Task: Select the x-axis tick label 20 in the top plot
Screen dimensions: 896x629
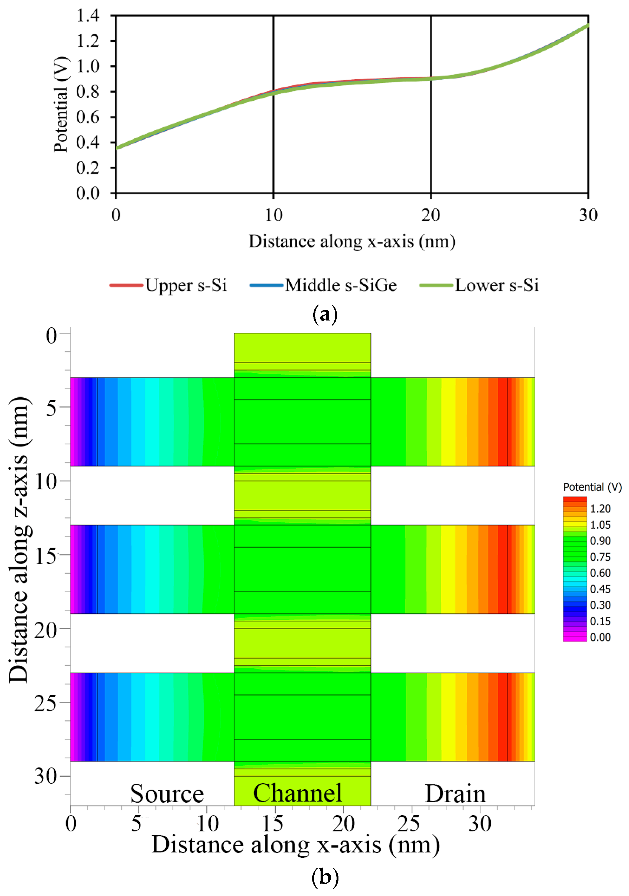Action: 430,215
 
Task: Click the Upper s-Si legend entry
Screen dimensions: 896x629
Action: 168,285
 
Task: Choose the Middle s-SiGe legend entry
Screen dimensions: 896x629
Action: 323,285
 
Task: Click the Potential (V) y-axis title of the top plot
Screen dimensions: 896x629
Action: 61,104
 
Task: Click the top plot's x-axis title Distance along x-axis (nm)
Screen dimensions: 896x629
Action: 352,241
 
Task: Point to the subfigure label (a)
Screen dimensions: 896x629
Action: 325,314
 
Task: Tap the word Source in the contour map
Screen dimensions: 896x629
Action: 167,794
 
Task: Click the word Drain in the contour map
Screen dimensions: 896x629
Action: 455,794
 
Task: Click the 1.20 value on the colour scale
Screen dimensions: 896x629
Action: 600,508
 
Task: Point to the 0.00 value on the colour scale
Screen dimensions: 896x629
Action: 600,637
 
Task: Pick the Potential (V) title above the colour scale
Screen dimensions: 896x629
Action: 592,487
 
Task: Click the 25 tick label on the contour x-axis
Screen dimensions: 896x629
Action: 408,824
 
